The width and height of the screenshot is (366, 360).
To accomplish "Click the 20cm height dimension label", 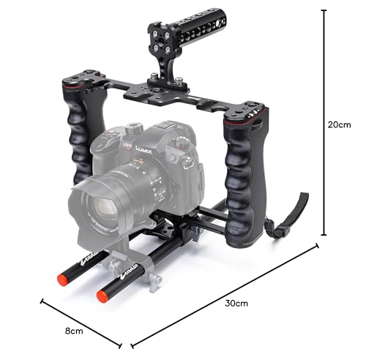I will coord(339,125).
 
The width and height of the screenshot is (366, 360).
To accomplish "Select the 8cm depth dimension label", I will coord(74,331).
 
